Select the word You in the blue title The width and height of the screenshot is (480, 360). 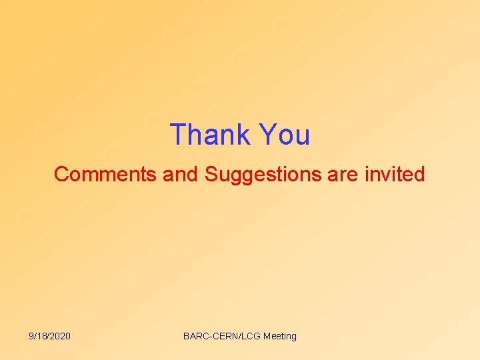[x=285, y=135]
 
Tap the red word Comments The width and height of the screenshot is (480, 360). [x=105, y=175]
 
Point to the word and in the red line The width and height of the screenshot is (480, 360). [x=181, y=175]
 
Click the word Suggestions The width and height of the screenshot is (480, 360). [x=263, y=175]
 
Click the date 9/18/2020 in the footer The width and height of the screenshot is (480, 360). [x=50, y=336]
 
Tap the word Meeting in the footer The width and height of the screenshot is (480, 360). [x=280, y=336]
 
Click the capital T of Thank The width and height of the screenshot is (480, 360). [x=177, y=135]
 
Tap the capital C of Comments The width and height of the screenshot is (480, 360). [x=61, y=175]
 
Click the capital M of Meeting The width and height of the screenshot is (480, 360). [x=267, y=336]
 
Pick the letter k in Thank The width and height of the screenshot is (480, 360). [x=244, y=135]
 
